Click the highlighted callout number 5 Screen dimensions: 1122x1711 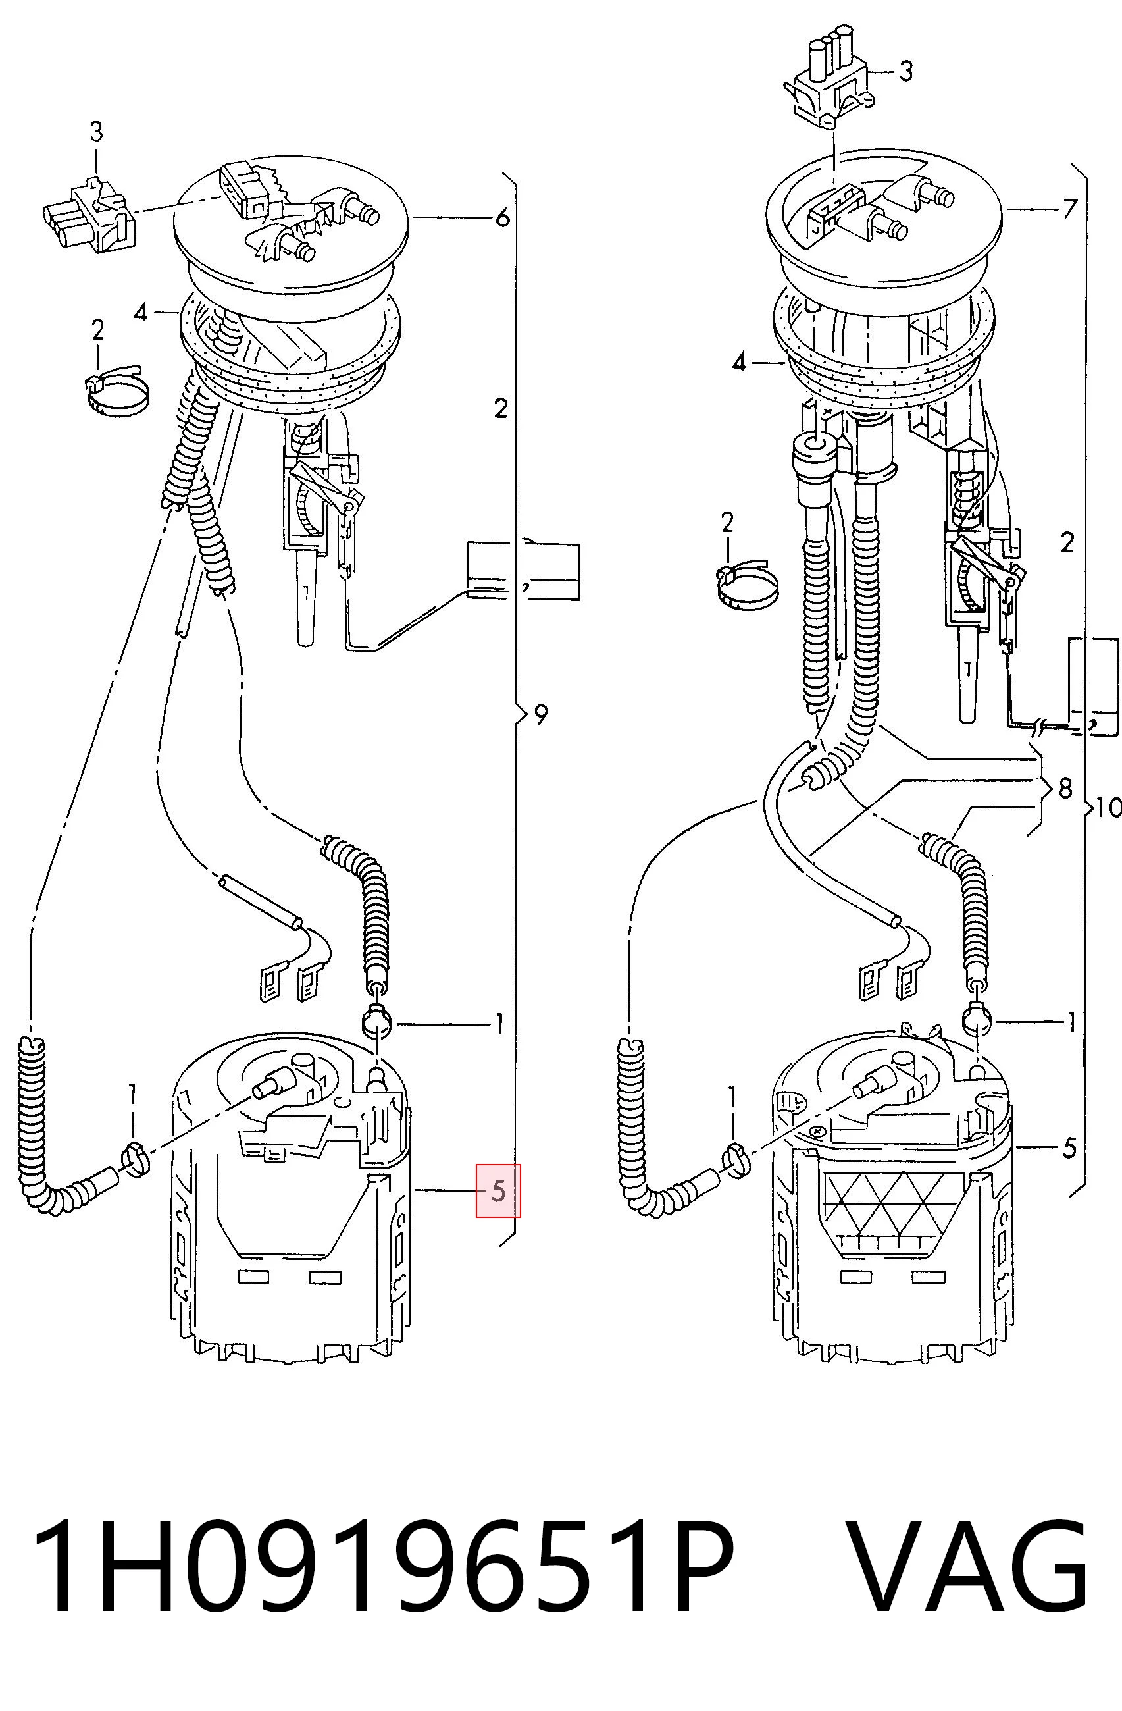[498, 1191]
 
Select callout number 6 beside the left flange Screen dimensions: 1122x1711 [502, 217]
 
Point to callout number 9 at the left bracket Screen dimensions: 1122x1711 [540, 714]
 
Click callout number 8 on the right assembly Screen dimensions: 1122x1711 [1065, 788]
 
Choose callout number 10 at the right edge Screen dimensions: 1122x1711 [1108, 807]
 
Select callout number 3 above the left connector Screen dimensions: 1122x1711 [95, 132]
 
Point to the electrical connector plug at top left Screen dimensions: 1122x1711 [89, 214]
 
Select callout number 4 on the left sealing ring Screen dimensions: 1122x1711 [140, 313]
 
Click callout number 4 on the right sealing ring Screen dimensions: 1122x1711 [740, 362]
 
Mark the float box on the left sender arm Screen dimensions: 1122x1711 [523, 571]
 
